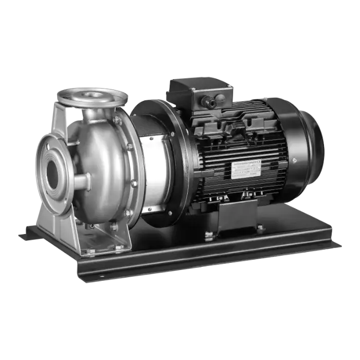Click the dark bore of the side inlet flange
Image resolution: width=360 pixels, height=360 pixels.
pyautogui.click(x=52, y=175)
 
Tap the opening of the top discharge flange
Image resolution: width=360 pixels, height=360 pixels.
pyautogui.click(x=93, y=95)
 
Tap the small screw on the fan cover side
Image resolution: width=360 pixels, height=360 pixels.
pyautogui.click(x=294, y=160)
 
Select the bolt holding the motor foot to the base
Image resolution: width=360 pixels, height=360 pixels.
pyautogui.click(x=209, y=235)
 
